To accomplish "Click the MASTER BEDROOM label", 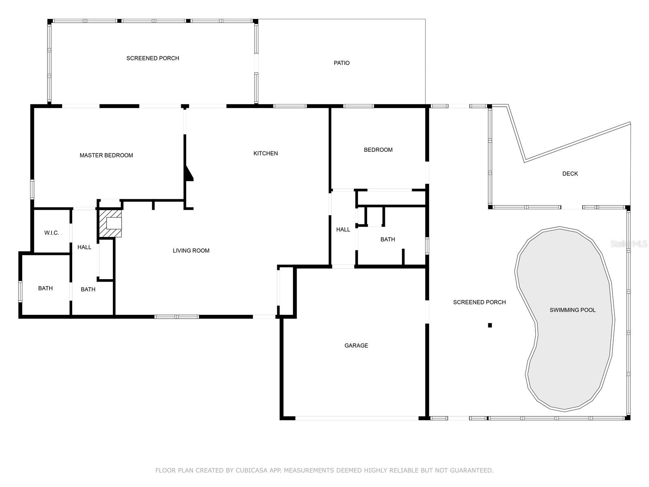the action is click(106, 155).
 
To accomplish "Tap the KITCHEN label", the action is click(266, 153).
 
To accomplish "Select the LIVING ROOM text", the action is click(191, 250).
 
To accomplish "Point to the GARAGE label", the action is click(356, 345).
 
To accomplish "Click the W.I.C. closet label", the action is click(52, 233).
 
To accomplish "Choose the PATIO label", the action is click(342, 62).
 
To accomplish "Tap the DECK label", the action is click(570, 174).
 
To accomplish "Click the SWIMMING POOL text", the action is click(572, 310).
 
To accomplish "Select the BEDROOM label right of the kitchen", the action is click(378, 150).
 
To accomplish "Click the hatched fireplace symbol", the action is click(110, 223).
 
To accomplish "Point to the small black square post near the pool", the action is click(490, 325).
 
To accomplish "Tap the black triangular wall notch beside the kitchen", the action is click(189, 174).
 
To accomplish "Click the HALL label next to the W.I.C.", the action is click(84, 247).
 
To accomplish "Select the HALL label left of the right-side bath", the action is click(343, 229).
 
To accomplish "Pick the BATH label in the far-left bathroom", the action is click(45, 288).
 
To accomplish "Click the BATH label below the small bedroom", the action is click(388, 239).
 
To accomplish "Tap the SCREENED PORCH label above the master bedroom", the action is click(153, 58).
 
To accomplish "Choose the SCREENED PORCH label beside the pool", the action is click(479, 302).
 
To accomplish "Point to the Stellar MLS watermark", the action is click(629, 243).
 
